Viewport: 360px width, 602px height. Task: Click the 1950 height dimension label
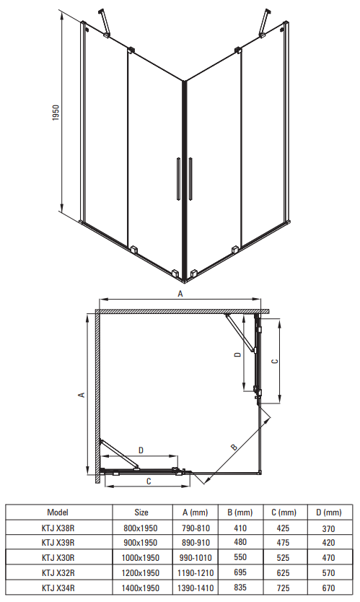coord(56,113)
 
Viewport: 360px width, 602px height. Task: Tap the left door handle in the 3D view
coord(178,178)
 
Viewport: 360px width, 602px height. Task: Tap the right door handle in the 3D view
coord(190,178)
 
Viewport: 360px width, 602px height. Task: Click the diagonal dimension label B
coord(234,447)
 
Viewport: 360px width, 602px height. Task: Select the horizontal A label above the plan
coord(180,294)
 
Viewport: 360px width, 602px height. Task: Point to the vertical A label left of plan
coord(82,394)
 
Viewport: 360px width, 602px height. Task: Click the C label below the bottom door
coord(149,481)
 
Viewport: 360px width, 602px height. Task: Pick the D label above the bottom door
coord(141,450)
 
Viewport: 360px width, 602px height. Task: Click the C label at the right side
coord(274,362)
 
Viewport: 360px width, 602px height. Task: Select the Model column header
coord(58,512)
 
